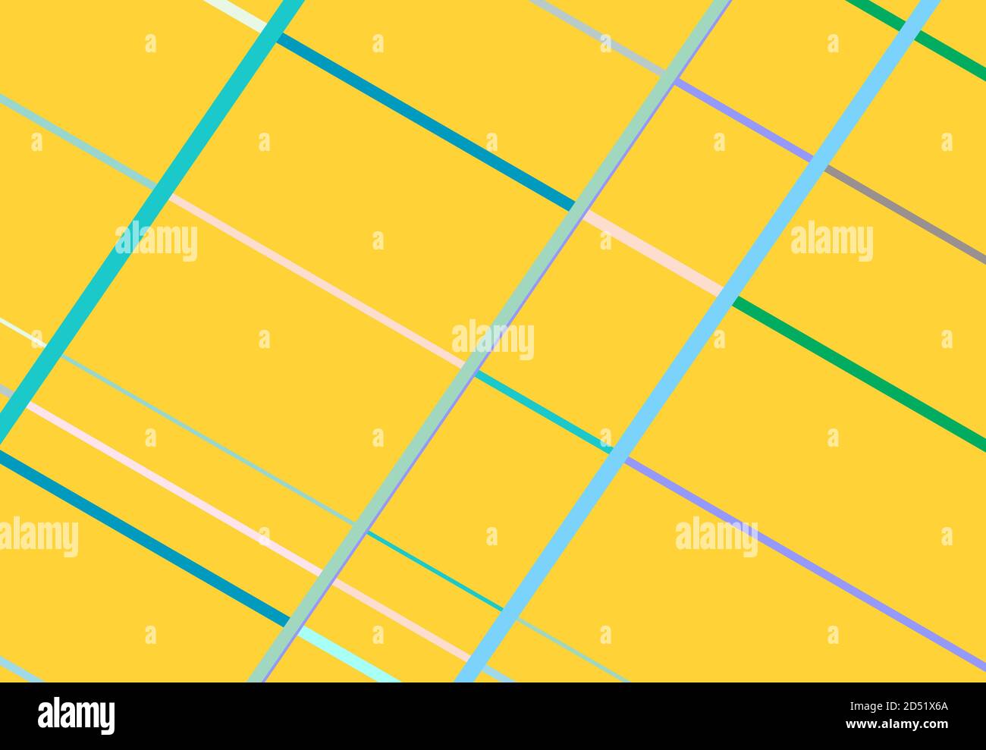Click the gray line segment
coord(903,213)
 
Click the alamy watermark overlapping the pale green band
coord(493,340)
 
